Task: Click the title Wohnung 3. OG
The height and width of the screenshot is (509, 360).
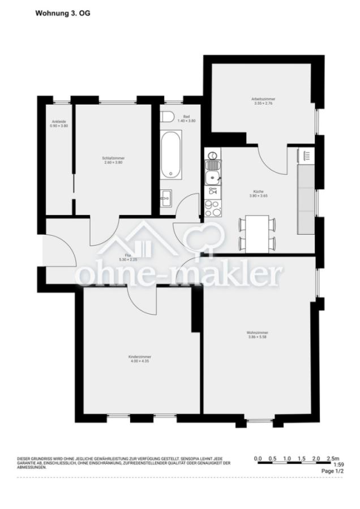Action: pos(62,12)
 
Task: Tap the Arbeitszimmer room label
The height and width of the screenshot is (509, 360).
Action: pos(263,101)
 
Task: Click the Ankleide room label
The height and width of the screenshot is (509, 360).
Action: pos(59,123)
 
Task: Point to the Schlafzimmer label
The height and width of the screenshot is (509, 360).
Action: pos(113,159)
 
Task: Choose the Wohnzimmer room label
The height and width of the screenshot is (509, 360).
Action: pos(258,334)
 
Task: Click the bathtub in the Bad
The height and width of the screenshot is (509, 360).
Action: pos(170,156)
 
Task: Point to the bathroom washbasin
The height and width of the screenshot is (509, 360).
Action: pos(166,197)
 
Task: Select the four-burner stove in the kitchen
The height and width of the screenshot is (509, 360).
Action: pos(213,208)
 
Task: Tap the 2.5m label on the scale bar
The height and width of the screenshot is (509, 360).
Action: pos(333,458)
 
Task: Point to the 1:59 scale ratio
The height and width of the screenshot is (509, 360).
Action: pos(338,465)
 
